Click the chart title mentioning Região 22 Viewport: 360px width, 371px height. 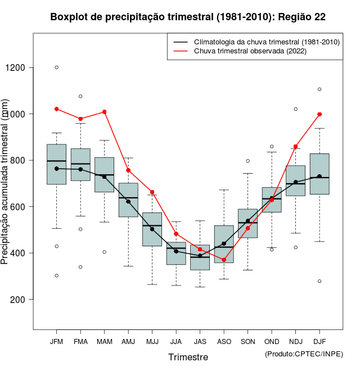tap(188, 17)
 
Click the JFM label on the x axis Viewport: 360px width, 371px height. tap(56, 341)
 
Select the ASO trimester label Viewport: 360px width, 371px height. tap(224, 341)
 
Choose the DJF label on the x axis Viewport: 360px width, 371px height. tap(319, 341)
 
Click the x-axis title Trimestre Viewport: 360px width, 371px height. tap(188, 357)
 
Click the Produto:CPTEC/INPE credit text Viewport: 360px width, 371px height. tap(304, 354)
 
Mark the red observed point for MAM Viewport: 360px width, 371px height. tap(104, 112)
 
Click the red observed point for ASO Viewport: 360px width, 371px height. tap(224, 260)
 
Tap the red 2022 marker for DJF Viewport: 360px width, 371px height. tap(319, 114)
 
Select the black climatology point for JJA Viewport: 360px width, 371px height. tap(176, 251)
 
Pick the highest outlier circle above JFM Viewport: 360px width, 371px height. tap(56, 67)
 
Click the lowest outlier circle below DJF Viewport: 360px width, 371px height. tap(319, 281)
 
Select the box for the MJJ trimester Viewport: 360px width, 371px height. tap(152, 229)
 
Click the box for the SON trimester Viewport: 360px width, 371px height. tap(247, 223)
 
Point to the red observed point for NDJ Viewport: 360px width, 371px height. tap(296, 146)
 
